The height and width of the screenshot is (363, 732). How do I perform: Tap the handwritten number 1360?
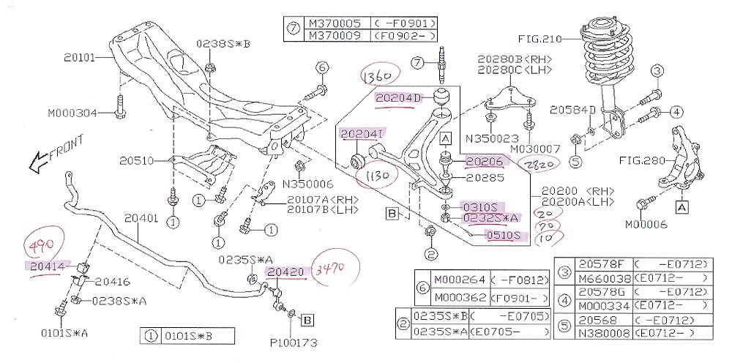point(378,75)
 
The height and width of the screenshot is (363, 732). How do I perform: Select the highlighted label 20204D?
point(399,97)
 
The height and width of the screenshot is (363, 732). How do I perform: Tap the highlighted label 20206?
point(485,161)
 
